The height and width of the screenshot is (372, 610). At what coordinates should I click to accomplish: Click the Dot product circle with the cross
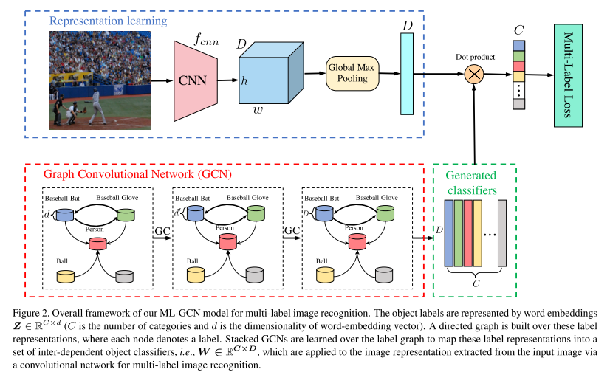pos(473,75)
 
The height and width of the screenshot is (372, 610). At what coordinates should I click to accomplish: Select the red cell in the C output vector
pos(518,66)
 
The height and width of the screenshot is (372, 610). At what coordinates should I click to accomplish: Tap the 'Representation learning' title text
pos(109,21)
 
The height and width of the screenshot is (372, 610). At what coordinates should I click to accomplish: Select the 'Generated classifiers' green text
pos(475,183)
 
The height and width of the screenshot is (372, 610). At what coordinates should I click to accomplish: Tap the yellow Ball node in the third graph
pos(326,275)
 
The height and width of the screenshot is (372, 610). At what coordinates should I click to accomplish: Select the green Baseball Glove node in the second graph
pos(256,214)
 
